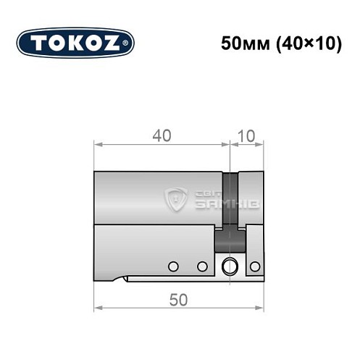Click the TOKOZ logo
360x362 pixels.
pos(75,43)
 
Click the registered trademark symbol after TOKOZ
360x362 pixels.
pos(127,43)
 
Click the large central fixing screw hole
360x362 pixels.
pos(230,266)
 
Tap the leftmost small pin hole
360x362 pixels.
pos(172,266)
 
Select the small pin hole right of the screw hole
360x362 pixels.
pos(254,266)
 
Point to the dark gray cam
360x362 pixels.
pos(230,210)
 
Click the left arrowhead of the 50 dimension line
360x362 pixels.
pos(98,309)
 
